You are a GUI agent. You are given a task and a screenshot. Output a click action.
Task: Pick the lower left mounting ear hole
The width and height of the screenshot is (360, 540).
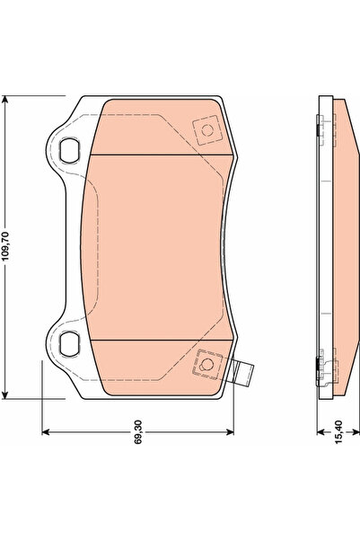70,342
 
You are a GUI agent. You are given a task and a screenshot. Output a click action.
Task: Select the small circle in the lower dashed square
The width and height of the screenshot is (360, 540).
206,365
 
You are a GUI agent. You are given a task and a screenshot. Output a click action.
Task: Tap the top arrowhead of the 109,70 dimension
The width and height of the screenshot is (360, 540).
10,95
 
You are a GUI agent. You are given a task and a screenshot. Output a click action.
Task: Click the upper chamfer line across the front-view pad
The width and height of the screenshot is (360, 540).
157,155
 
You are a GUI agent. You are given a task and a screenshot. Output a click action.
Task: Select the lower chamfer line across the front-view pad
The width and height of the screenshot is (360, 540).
157,343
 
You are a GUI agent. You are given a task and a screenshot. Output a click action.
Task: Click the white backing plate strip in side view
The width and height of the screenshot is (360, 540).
324,247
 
